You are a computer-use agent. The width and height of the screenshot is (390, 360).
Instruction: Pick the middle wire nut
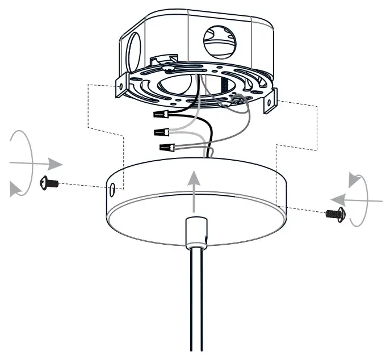(162, 133)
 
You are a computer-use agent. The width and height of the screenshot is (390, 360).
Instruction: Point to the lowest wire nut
(167, 148)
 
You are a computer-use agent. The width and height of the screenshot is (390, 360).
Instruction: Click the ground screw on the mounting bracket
(237, 101)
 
